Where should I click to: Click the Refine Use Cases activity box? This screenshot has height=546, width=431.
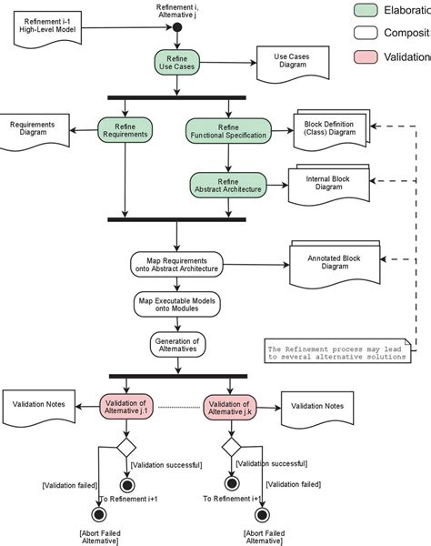[178, 63]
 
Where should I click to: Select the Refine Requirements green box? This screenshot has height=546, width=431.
[125, 131]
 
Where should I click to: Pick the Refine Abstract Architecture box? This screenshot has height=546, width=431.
[228, 185]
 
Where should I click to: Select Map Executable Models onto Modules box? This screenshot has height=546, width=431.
[178, 304]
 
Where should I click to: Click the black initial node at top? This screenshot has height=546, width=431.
[178, 26]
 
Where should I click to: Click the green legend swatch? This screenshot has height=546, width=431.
[367, 11]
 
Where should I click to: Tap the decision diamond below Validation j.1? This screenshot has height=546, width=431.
[125, 447]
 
